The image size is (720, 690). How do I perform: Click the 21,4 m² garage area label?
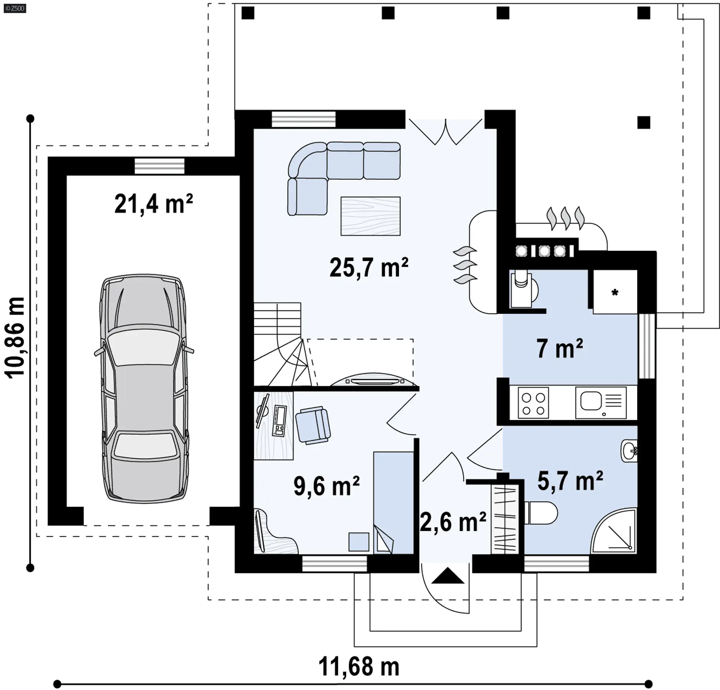153,204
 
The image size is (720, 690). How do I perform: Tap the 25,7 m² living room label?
369,267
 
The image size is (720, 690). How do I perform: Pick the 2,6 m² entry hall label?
453,522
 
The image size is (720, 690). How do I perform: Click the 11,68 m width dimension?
359,667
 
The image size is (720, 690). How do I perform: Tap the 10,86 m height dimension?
15,337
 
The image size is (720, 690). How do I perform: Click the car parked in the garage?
144,388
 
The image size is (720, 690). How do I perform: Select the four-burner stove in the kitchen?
533,403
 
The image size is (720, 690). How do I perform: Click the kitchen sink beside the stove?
601,403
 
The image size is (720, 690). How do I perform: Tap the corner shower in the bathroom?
614,531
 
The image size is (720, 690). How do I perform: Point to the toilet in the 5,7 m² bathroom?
541,513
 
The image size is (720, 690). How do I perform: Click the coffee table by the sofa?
370,216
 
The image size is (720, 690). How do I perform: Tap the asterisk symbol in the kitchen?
615,292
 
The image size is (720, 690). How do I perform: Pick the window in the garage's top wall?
160,166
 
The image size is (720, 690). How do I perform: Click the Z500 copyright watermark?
15,8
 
